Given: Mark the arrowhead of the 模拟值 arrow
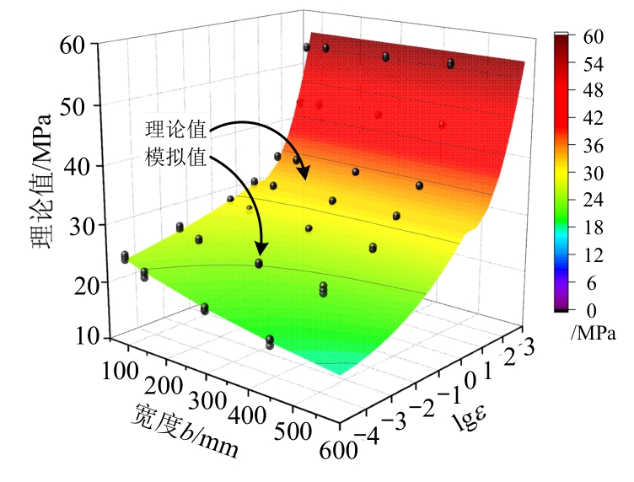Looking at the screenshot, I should pos(261,252).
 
